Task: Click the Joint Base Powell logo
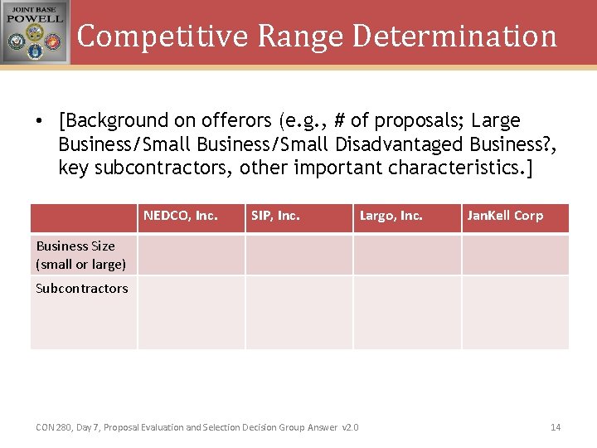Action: tap(35, 32)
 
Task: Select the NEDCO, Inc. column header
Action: tap(181, 216)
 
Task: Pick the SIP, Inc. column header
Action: tap(275, 216)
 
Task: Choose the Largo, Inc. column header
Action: tap(391, 216)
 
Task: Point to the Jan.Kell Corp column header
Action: tap(505, 216)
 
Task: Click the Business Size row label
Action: tap(80, 255)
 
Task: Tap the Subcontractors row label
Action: tap(81, 289)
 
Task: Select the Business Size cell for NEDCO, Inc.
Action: tap(191, 255)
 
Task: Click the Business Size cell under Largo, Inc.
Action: tap(407, 255)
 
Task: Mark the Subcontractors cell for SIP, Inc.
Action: tap(299, 312)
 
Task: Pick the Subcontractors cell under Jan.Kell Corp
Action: tap(515, 312)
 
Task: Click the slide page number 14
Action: tap(556, 427)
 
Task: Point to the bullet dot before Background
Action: tap(39, 121)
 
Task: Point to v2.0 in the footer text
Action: tap(350, 427)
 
